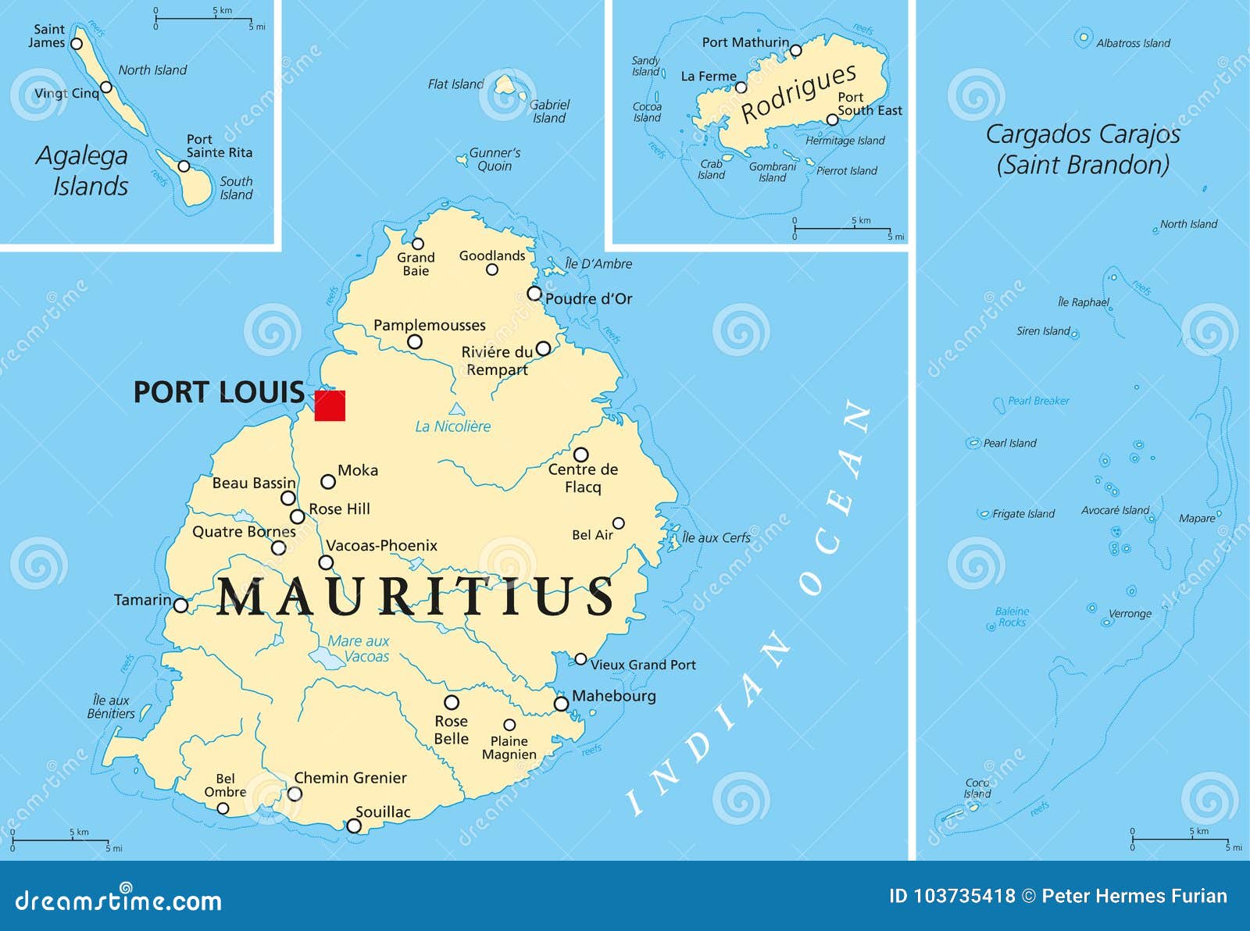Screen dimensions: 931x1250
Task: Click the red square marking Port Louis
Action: (x=330, y=405)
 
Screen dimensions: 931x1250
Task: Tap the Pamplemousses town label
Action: (x=429, y=325)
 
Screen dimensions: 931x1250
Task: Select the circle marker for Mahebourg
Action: (x=561, y=704)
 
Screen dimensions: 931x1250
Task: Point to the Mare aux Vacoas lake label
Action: (x=358, y=648)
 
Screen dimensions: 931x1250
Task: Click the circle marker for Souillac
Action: (x=354, y=826)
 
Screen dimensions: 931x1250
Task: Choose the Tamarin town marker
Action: (x=180, y=605)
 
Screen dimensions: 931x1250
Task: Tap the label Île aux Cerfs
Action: (x=716, y=537)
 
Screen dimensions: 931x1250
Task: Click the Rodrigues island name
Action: (x=798, y=93)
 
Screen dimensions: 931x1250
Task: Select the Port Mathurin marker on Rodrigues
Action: (x=795, y=51)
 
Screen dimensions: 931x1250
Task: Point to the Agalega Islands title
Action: (x=83, y=170)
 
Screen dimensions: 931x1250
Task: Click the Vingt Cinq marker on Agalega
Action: (x=106, y=87)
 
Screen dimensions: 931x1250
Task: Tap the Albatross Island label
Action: (x=1133, y=43)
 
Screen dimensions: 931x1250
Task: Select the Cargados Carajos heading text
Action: (x=1082, y=148)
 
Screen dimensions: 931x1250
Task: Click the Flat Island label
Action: (x=455, y=84)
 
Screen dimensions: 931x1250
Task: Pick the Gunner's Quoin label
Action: (x=495, y=159)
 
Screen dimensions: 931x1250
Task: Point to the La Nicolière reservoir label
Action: (x=452, y=426)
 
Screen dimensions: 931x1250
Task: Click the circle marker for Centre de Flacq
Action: (x=580, y=455)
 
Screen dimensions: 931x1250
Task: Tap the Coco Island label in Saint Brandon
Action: (x=977, y=788)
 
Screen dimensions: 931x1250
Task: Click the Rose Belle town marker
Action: (x=452, y=702)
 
